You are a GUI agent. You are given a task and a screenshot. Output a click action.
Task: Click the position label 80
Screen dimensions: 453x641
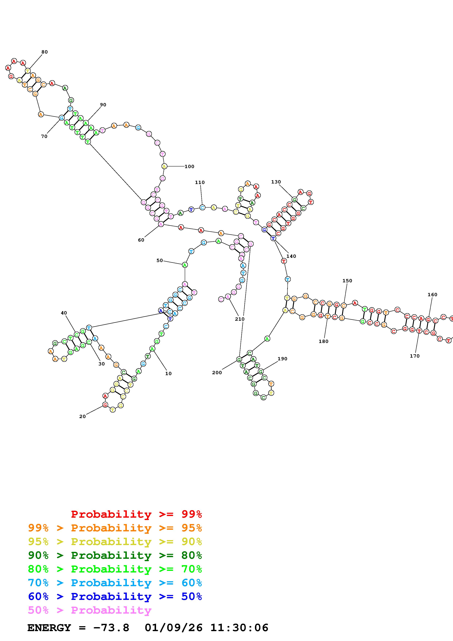click(44, 52)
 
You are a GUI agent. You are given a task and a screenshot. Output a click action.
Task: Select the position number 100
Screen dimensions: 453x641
click(189, 166)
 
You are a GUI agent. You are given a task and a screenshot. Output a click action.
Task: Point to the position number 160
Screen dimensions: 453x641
click(432, 295)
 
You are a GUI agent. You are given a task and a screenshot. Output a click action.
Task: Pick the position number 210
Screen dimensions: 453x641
click(240, 319)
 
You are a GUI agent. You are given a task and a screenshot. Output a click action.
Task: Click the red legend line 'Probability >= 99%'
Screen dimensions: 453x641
click(136, 514)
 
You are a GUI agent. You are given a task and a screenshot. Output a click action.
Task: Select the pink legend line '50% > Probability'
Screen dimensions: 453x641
click(89, 610)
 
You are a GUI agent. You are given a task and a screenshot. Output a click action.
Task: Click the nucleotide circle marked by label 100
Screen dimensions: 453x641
click(164, 166)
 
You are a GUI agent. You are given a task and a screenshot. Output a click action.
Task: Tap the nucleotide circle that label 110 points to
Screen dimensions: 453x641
click(202, 207)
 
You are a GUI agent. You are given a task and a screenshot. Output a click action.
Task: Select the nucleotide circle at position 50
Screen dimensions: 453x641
click(185, 265)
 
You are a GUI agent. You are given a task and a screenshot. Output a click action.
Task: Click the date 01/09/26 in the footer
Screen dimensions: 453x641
click(173, 628)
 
